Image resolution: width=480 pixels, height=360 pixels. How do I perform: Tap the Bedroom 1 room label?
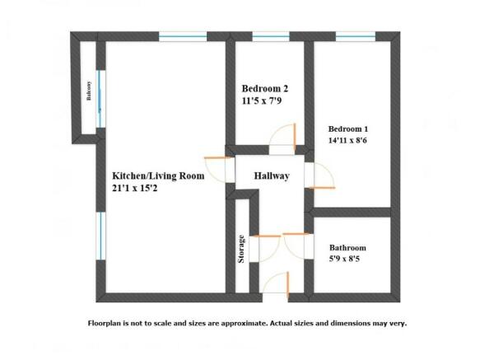348,129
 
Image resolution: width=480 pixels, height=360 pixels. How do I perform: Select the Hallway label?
271,175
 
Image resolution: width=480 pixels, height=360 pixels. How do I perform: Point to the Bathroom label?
347,248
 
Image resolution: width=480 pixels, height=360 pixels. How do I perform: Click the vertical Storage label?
241,250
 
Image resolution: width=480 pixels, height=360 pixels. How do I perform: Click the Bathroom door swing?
295,245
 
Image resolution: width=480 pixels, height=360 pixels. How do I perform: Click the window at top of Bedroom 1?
348,36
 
